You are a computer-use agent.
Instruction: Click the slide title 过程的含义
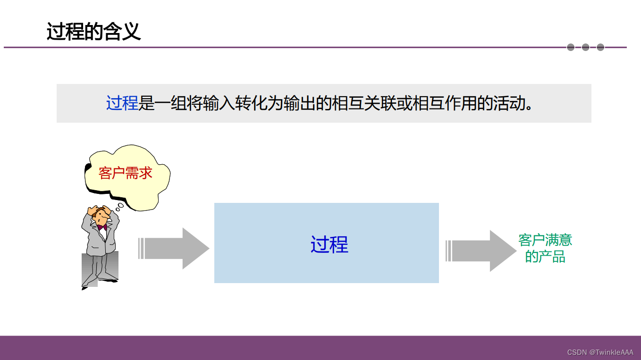[93, 32]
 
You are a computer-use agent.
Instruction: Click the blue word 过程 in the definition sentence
[122, 103]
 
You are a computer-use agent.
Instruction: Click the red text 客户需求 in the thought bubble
[126, 173]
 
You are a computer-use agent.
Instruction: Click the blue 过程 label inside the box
[329, 244]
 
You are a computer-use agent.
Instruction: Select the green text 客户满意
[545, 240]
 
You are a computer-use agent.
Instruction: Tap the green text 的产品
[545, 257]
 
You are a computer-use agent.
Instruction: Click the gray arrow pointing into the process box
[175, 248]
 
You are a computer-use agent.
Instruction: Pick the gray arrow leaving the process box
[481, 251]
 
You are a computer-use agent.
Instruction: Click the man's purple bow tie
[102, 227]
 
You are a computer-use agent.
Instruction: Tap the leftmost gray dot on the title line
[571, 47]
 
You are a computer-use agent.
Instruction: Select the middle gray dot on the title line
[585, 47]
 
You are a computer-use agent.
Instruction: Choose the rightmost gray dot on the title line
[600, 47]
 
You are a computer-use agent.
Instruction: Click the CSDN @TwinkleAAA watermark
[600, 352]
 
